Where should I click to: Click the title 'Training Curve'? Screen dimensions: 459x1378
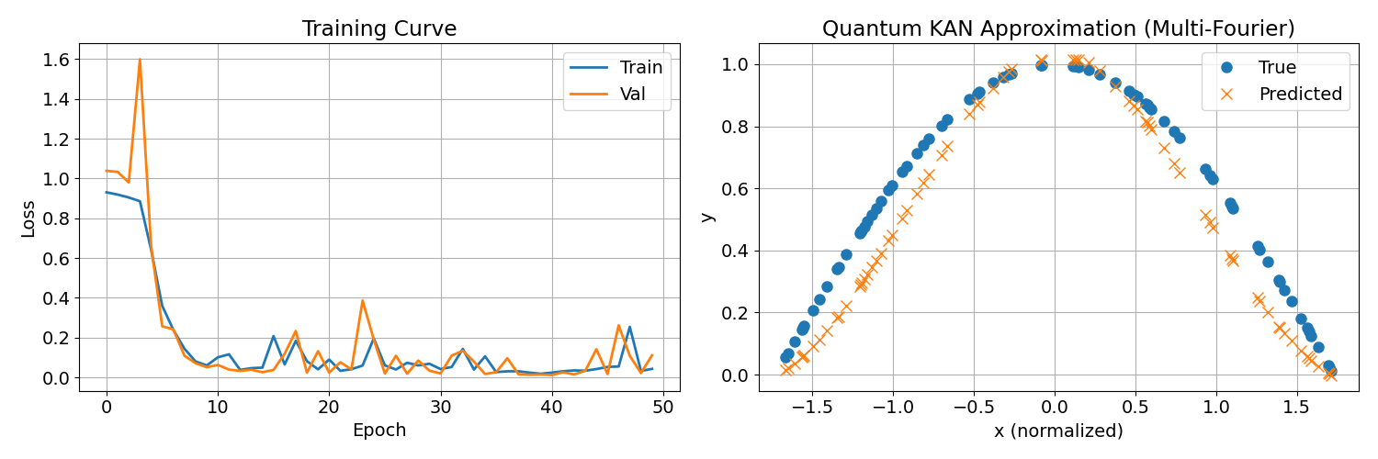point(379,28)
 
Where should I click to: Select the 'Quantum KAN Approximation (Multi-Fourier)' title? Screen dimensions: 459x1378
point(1058,28)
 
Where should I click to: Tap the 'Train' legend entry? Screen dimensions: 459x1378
point(640,67)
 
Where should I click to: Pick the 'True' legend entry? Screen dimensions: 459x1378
point(1278,67)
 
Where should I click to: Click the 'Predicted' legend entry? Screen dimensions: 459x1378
point(1300,93)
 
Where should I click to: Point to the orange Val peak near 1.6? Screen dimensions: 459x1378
point(140,60)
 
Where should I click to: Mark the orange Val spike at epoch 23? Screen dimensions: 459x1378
point(363,300)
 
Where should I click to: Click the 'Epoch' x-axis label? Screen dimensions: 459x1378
point(379,430)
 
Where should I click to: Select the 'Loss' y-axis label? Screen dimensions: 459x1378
point(28,218)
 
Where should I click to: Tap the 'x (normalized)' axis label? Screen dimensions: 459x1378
point(1058,430)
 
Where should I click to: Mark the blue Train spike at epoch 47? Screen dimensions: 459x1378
point(629,327)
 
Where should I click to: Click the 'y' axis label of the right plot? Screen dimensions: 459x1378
point(707,217)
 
